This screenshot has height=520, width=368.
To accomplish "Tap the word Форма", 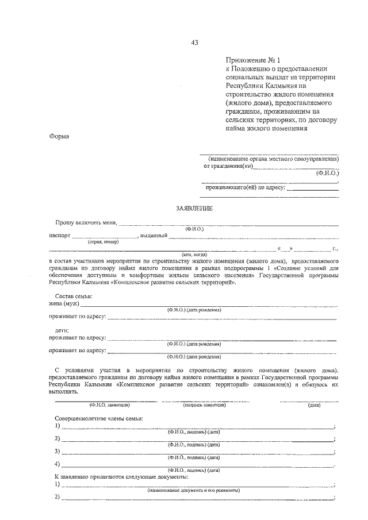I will (59, 136).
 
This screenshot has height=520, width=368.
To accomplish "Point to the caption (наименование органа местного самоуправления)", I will (270, 159).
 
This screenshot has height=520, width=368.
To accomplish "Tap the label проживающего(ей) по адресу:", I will (246, 187).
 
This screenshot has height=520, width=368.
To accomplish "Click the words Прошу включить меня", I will (86, 222).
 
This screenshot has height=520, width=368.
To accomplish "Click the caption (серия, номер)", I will (102, 242).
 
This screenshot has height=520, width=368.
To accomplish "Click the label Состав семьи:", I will (73, 296).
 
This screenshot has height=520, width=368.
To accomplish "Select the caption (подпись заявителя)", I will (204, 405).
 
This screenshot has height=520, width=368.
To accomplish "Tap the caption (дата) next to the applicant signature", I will (314, 405).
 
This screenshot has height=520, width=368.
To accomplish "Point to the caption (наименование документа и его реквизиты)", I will (194, 491).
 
